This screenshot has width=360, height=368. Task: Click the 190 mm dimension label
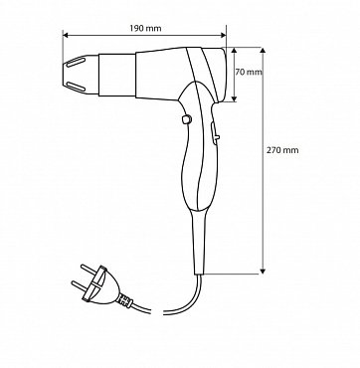point(145,29)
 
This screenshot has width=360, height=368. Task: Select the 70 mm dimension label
point(249,72)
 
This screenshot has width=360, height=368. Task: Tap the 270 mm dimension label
point(282,150)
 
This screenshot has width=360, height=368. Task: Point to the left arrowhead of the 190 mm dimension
point(66,35)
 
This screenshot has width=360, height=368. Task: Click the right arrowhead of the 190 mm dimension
point(223,35)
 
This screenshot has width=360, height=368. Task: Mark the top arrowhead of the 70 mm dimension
point(234,51)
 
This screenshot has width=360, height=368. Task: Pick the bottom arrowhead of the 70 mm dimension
point(234,98)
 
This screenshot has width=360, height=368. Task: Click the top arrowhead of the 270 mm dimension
point(263,51)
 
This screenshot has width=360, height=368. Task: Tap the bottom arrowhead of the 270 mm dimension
point(263,272)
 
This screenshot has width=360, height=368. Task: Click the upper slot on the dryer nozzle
point(76,62)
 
